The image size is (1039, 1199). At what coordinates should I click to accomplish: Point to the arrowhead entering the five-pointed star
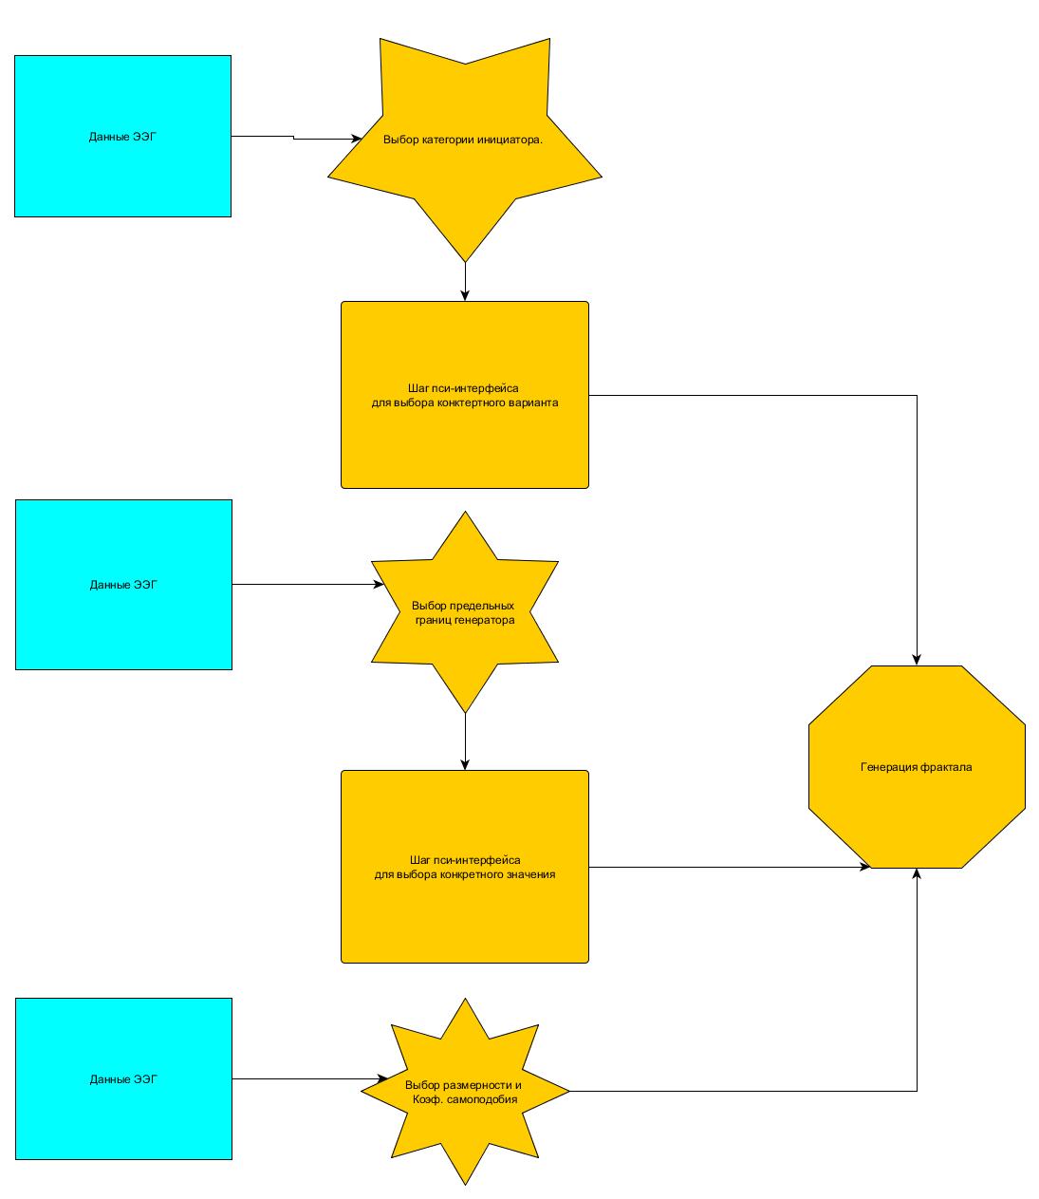click(356, 140)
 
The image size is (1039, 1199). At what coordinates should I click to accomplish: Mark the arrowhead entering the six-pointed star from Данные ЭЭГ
click(379, 585)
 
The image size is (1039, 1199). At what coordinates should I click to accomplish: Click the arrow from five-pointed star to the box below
click(465, 281)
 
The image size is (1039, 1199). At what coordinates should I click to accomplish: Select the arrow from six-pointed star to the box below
click(465, 741)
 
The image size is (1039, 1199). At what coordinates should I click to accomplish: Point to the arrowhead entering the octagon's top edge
click(917, 659)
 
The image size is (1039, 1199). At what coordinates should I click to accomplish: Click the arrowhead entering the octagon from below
click(917, 874)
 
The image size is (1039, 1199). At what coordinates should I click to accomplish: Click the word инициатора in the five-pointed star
click(511, 140)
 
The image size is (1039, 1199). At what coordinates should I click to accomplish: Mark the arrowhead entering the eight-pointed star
click(382, 1079)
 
